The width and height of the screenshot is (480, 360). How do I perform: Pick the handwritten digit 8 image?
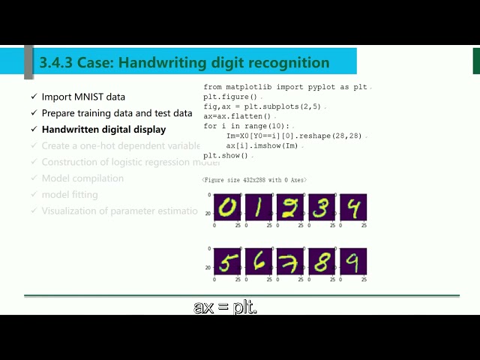(x=322, y=261)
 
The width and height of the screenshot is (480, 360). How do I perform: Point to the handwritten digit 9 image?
(x=353, y=261)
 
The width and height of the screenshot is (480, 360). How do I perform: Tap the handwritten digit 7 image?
(x=290, y=261)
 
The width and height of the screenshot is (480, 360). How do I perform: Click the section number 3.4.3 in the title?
(x=58, y=63)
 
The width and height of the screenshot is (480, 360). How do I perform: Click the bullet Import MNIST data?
(x=83, y=97)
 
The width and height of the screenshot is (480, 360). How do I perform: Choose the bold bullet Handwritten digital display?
(x=103, y=130)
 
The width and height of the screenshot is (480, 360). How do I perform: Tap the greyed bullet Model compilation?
(x=82, y=178)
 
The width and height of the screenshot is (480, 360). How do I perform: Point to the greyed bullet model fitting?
(x=70, y=195)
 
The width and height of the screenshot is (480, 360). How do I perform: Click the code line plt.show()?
(x=226, y=155)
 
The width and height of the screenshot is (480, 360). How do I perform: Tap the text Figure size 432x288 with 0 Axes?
(x=254, y=180)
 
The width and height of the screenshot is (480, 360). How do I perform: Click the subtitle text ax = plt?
(x=226, y=307)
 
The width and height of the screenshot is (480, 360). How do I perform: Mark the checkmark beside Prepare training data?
(x=33, y=113)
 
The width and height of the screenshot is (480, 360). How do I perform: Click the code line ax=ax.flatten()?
(x=239, y=116)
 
